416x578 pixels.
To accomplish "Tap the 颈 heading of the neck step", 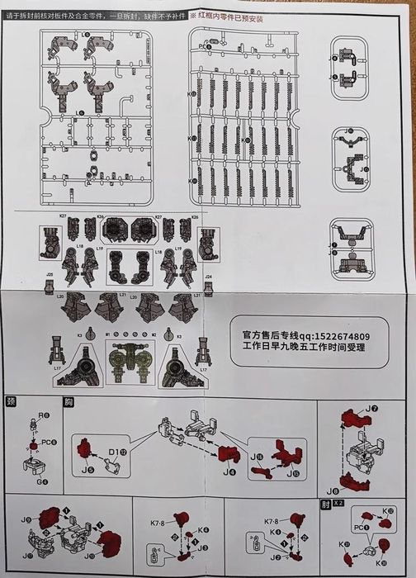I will click(x=12, y=402).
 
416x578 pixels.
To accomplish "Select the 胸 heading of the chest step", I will click(x=69, y=402).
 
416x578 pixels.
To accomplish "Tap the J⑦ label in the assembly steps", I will click(x=372, y=408).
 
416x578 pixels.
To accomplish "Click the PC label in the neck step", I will click(x=47, y=443).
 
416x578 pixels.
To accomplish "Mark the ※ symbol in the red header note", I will click(x=193, y=16).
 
